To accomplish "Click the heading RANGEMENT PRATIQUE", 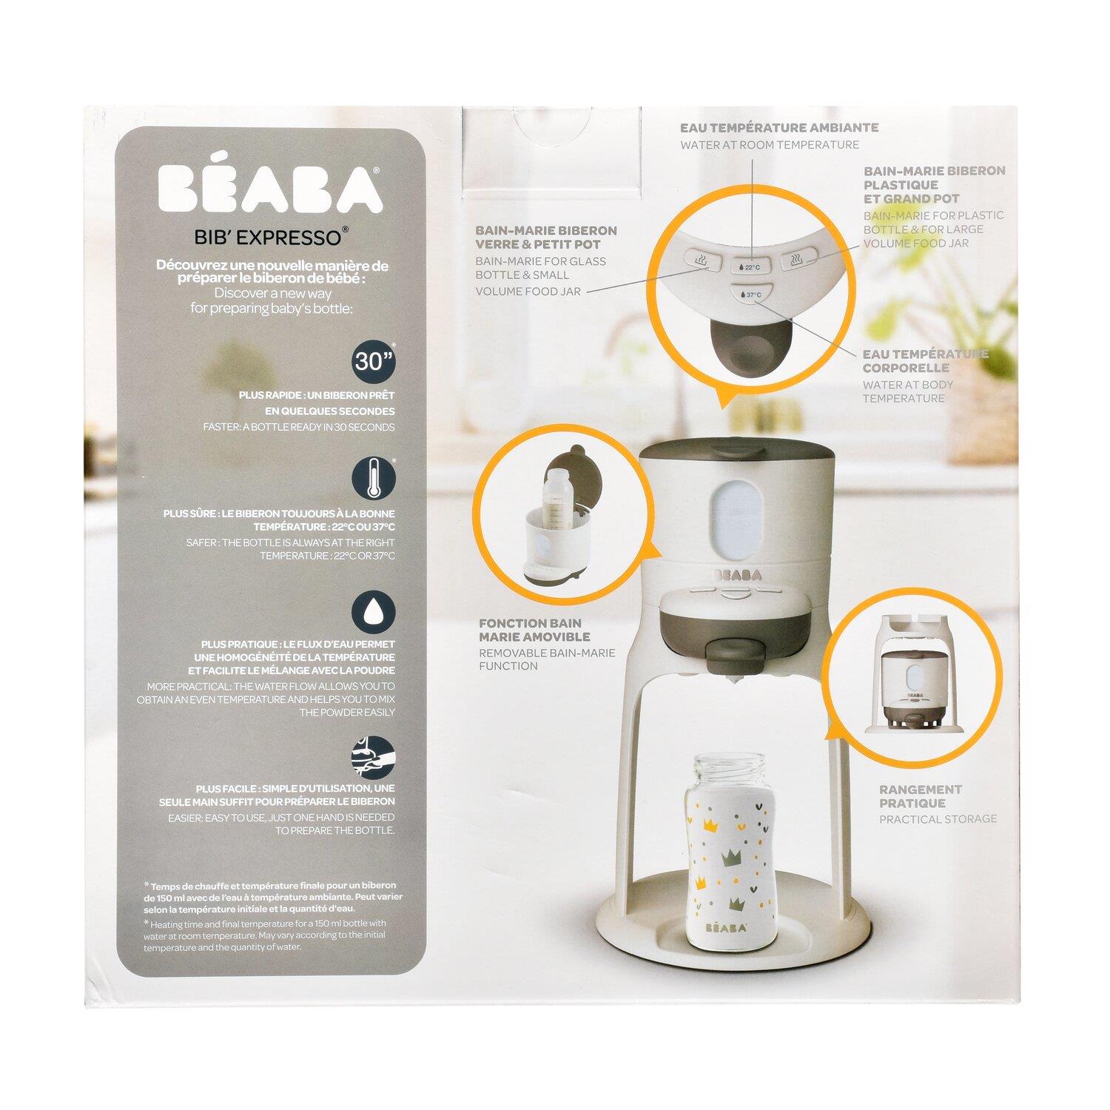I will click(x=921, y=796).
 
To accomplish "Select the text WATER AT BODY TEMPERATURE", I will click(x=908, y=391).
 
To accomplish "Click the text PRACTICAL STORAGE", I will click(x=938, y=819).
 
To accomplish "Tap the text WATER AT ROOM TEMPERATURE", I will click(x=770, y=145).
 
